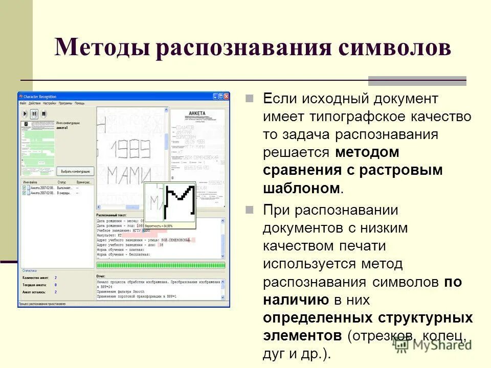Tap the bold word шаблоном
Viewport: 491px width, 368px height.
(x=301, y=188)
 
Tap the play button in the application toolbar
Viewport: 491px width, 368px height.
(x=25, y=113)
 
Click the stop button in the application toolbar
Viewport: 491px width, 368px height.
(x=44, y=113)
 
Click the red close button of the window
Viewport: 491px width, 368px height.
(x=226, y=96)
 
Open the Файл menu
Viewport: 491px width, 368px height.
(x=23, y=103)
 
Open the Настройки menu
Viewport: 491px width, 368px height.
(x=50, y=103)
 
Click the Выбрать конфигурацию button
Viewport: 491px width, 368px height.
(x=75, y=171)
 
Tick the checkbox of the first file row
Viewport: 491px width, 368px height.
(x=24, y=188)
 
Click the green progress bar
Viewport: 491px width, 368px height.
(x=160, y=265)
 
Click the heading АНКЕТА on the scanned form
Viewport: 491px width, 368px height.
(x=197, y=113)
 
